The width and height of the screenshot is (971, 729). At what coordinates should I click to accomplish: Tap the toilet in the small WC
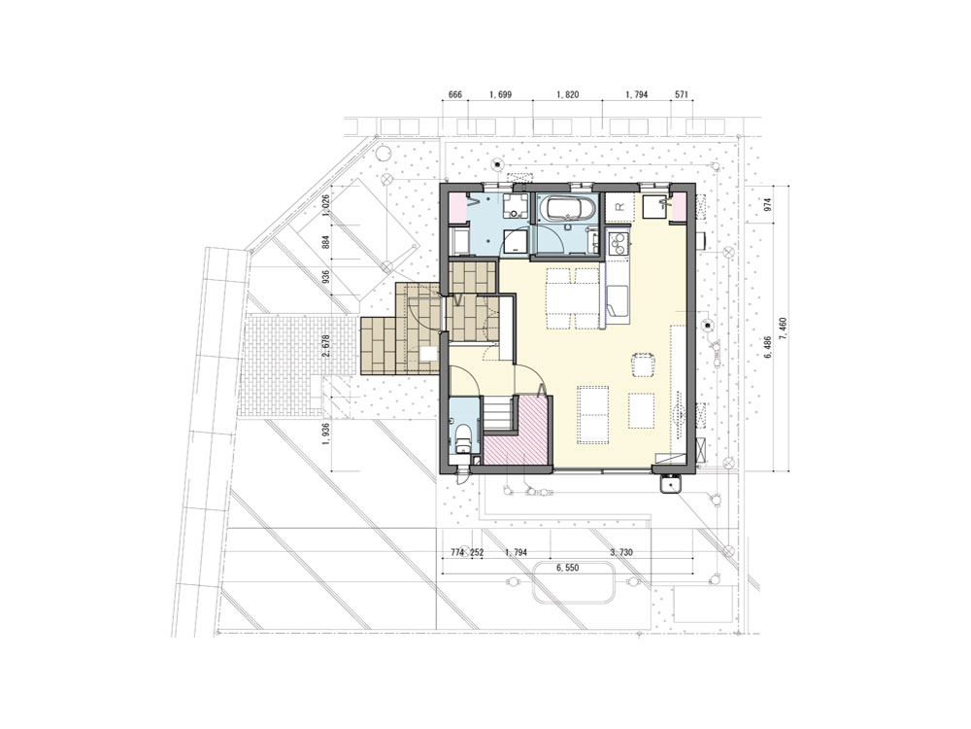point(463,438)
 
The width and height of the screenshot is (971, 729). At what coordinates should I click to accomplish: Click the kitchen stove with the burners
point(618,246)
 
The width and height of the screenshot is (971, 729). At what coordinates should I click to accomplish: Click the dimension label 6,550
point(567,568)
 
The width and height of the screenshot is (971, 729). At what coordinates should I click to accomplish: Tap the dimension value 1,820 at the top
point(568,95)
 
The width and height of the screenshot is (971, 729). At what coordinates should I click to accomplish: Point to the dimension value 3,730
point(621,552)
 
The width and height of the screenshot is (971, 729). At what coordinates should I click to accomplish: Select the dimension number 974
point(768,204)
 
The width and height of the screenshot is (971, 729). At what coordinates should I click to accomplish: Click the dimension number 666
point(455,95)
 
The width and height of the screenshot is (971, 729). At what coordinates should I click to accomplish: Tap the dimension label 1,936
point(327,435)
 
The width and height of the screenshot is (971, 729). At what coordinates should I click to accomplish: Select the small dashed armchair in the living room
point(644,364)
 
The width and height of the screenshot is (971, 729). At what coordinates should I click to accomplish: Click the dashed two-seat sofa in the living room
point(593,415)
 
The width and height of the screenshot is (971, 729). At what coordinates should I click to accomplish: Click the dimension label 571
point(681,95)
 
